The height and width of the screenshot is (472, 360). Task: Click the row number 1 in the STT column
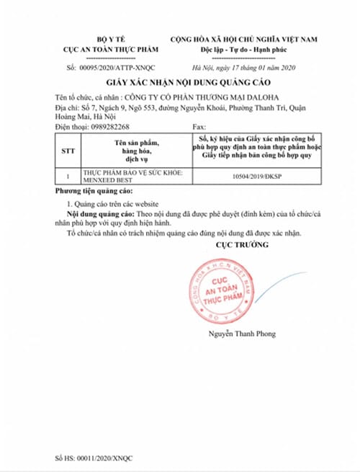click(x=68, y=175)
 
